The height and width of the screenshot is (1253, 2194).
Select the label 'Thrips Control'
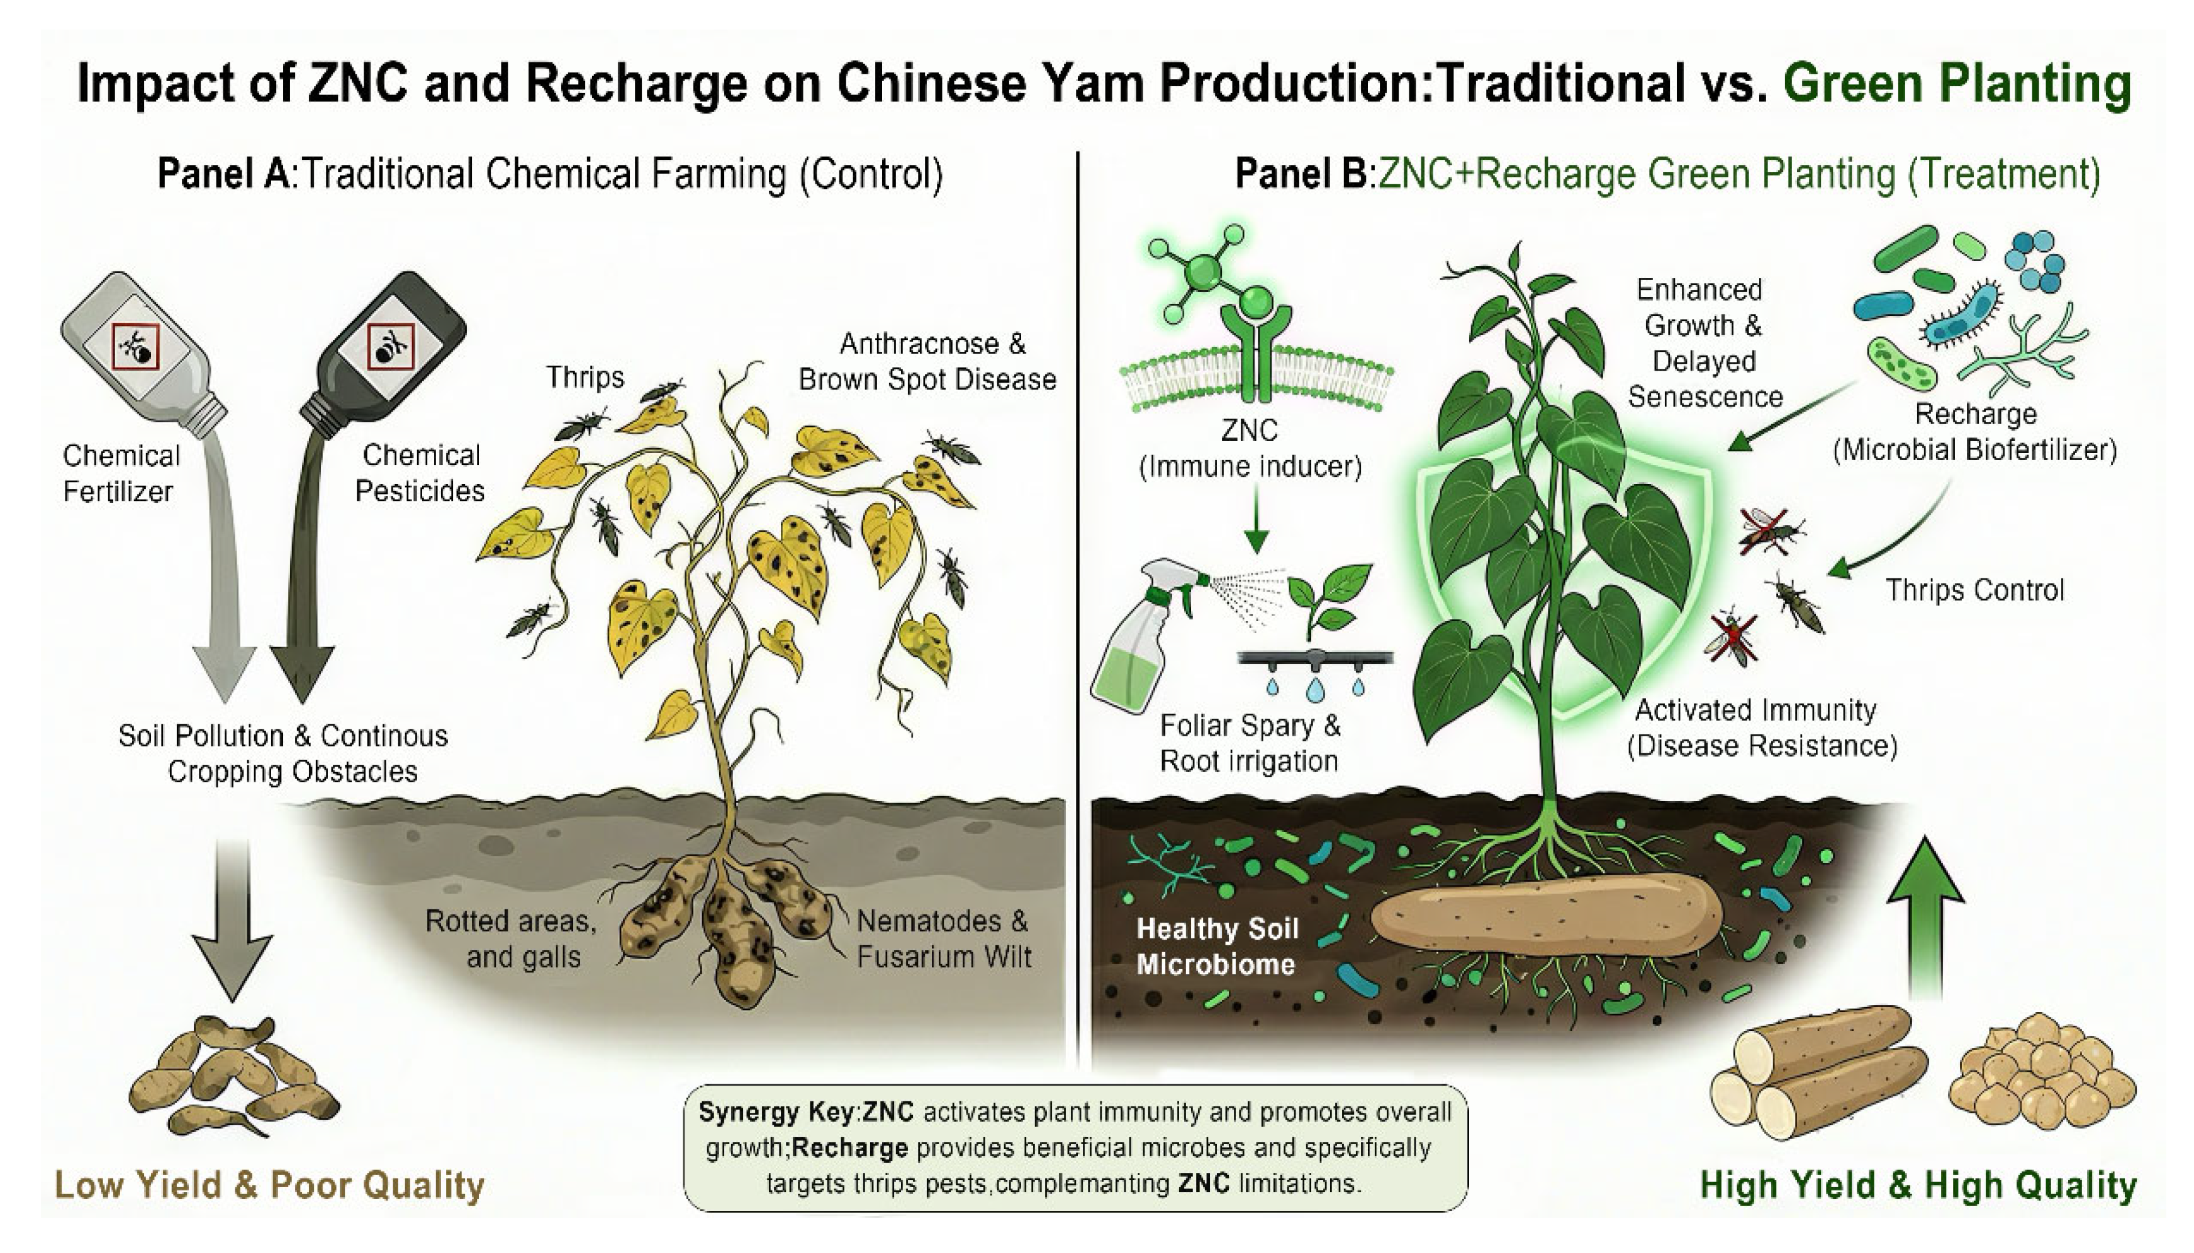(1974, 590)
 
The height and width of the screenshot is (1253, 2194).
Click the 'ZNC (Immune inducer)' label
(1250, 448)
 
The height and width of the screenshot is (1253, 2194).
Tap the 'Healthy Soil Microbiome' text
(1216, 947)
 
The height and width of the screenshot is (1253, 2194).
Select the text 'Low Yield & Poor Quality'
(269, 1185)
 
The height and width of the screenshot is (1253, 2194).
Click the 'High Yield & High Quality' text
(1918, 1185)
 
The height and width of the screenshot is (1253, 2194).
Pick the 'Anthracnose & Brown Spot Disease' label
(927, 361)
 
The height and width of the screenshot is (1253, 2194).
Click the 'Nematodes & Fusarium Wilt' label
(943, 939)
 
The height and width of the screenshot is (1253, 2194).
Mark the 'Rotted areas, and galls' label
(512, 939)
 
